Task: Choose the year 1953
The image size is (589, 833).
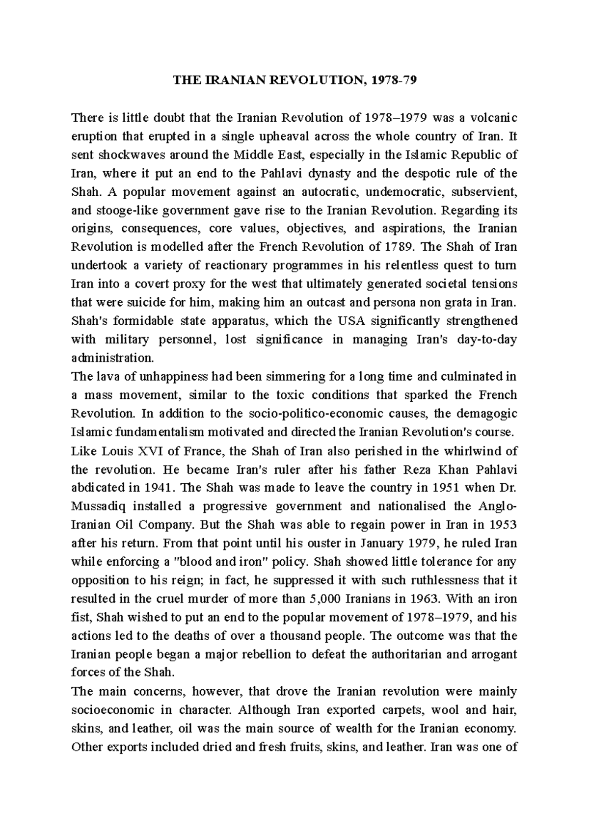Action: click(503, 524)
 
